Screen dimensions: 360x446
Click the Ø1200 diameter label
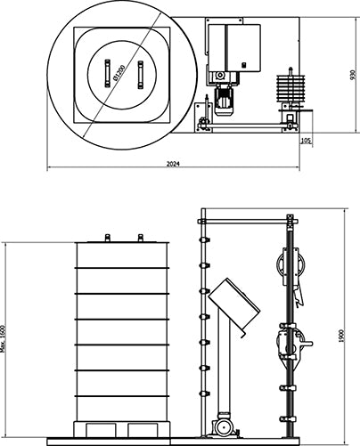click(x=119, y=73)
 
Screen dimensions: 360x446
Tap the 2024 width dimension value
click(x=173, y=164)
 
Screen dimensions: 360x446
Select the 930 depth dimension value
click(x=353, y=75)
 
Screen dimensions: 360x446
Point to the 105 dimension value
click(x=307, y=141)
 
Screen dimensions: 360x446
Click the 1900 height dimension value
click(x=340, y=336)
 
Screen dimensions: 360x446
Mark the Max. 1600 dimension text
click(x=3, y=338)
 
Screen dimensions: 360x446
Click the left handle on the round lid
click(x=107, y=74)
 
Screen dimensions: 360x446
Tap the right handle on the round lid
click(x=140, y=75)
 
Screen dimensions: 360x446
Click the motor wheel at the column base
click(x=224, y=427)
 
